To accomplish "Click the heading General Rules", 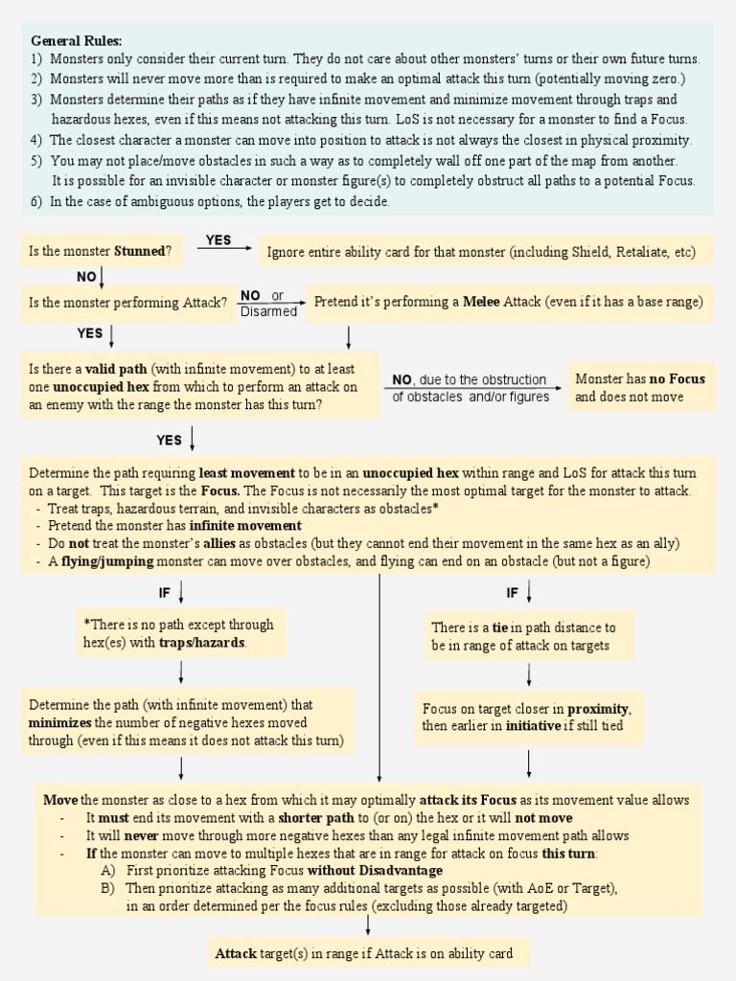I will point(77,41).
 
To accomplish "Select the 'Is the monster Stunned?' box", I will point(101,252).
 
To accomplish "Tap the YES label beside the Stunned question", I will point(218,240).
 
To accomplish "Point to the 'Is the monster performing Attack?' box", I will point(127,303).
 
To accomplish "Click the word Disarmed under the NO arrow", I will point(268,311).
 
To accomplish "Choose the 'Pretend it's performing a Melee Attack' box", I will point(509,303).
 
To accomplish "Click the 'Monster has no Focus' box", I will point(640,387).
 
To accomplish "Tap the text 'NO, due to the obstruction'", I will point(470,379).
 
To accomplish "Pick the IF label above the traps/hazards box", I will point(165,593).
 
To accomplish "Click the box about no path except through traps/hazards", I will point(179,633).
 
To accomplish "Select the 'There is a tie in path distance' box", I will point(529,636).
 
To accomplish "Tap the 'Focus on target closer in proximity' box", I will point(528,717).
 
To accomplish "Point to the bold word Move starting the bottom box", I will point(60,800).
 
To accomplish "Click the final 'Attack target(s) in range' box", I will point(364,953).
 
